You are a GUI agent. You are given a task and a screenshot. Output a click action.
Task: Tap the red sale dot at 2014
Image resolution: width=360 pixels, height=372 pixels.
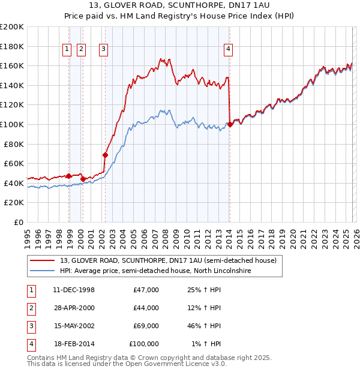[230, 125]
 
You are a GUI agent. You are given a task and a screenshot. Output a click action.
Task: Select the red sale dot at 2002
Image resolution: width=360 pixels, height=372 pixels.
[105, 155]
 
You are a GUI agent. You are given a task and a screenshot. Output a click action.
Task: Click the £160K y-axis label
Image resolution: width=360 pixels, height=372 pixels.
[12, 65]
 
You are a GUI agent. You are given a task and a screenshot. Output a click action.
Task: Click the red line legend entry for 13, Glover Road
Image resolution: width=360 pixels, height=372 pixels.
[168, 261]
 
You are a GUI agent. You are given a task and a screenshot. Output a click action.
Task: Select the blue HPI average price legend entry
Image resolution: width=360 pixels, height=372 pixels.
[155, 271]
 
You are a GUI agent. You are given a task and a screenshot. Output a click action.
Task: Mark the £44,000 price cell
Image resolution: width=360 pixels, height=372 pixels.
[145, 308]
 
